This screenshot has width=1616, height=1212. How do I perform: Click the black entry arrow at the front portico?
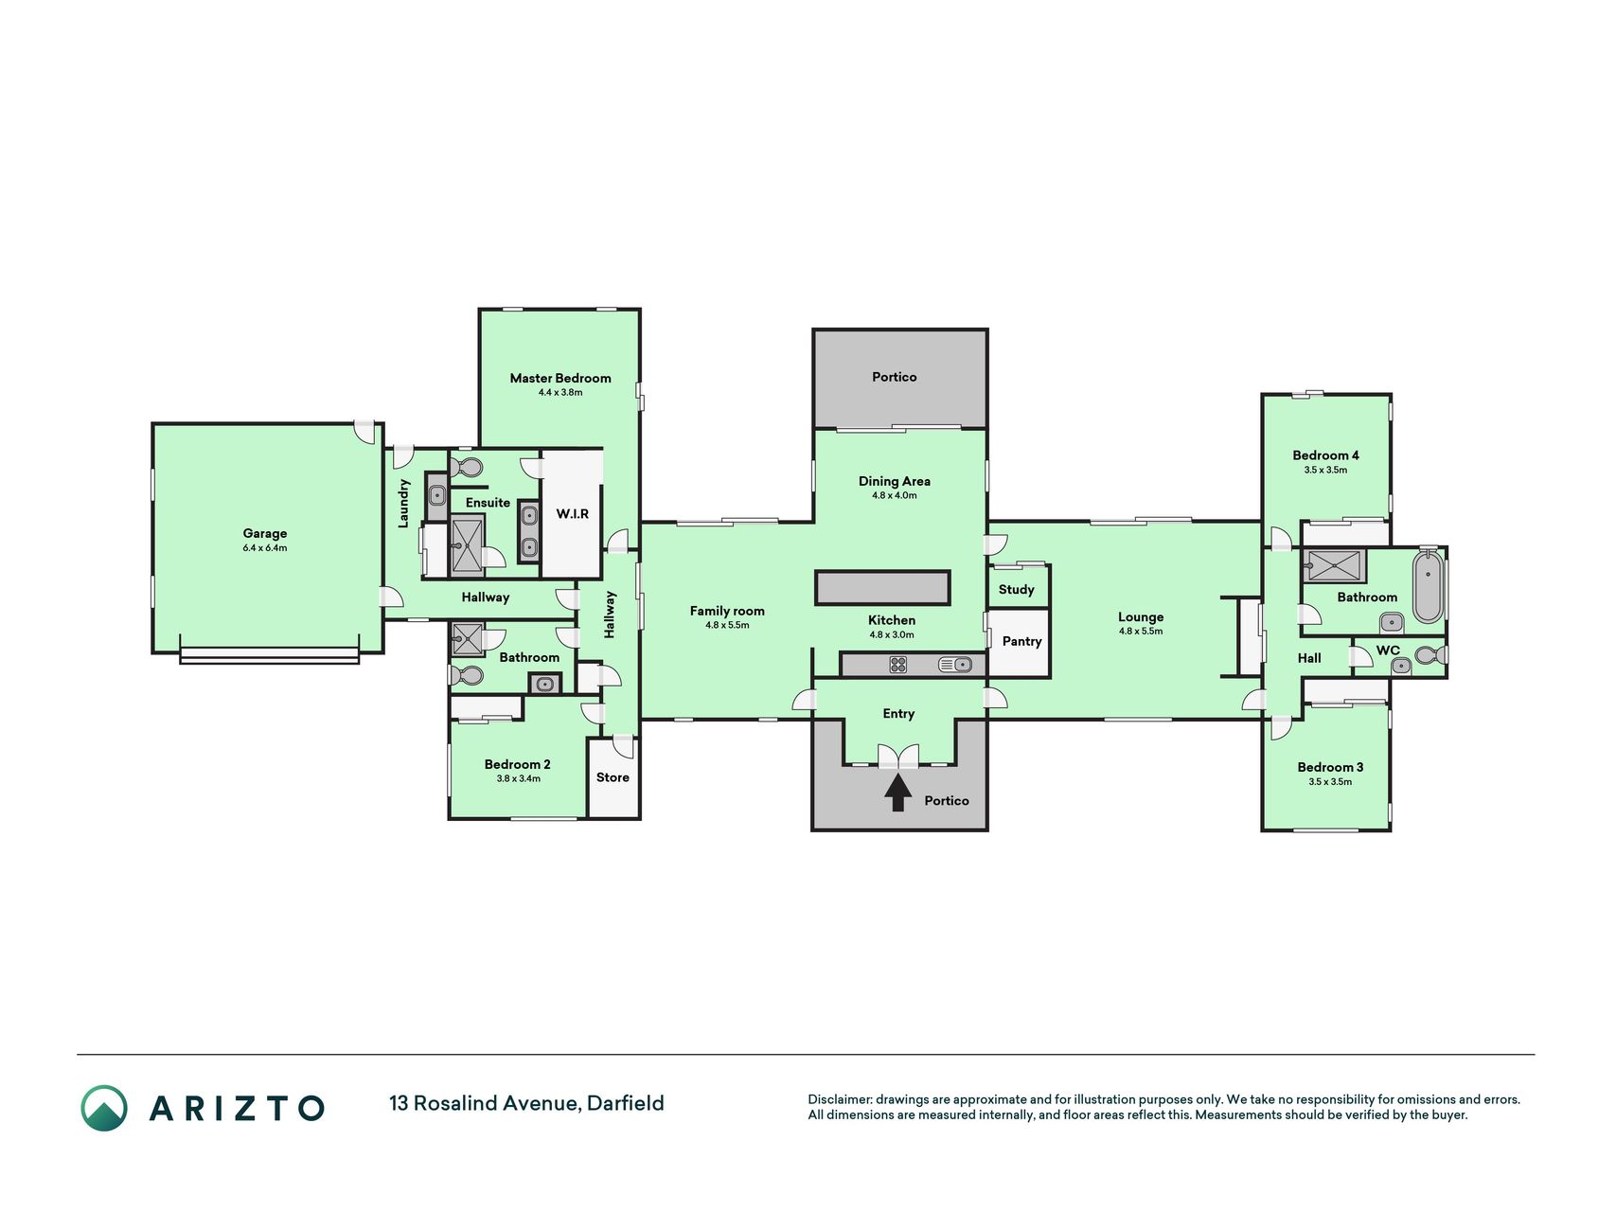tap(898, 793)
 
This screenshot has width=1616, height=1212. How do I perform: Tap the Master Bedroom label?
tap(560, 378)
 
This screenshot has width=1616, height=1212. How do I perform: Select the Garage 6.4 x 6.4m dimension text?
tap(264, 548)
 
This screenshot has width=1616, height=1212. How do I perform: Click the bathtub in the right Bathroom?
tap(1428, 588)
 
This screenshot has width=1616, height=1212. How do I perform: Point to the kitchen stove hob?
tap(898, 665)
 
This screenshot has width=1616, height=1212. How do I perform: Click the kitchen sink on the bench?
tap(954, 665)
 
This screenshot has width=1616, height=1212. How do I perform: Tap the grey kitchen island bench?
tap(882, 588)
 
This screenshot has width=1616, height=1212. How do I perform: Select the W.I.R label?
tap(572, 513)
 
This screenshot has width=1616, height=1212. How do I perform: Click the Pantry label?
tap(1021, 641)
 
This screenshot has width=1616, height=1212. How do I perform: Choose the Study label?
tap(1017, 589)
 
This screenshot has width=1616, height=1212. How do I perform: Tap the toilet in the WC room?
tap(1429, 655)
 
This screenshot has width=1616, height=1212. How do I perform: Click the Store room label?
tap(613, 777)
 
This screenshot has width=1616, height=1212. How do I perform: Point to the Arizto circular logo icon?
tap(104, 1108)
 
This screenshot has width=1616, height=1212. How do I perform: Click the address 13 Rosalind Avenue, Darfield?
tap(526, 1103)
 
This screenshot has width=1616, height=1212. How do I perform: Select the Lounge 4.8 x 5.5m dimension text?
tap(1141, 632)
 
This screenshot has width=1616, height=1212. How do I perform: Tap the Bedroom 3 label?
tap(1330, 767)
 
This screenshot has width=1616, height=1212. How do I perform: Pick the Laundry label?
tap(404, 503)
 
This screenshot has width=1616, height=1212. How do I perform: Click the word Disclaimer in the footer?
tap(839, 1099)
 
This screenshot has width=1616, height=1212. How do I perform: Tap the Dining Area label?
tap(895, 481)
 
